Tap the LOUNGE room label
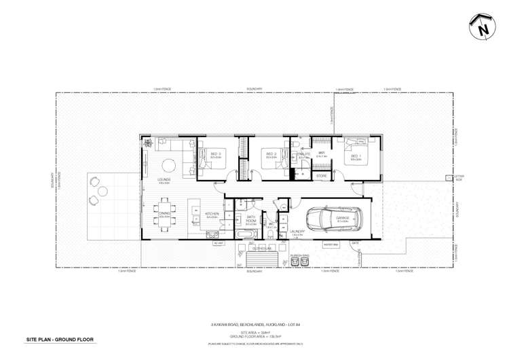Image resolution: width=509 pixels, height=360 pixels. pyautogui.click(x=164, y=179)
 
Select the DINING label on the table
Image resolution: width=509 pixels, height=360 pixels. pyautogui.click(x=165, y=213)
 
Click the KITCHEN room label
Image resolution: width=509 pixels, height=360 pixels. pyautogui.click(x=212, y=213)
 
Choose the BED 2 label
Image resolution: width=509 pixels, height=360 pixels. pyautogui.click(x=271, y=155)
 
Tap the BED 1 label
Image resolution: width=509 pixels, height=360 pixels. pyautogui.click(x=356, y=155)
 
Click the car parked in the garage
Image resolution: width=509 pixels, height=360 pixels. pyautogui.click(x=334, y=218)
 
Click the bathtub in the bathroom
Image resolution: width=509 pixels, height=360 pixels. pyautogui.click(x=242, y=234)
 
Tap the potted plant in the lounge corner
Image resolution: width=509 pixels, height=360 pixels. pyautogui.click(x=146, y=143)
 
